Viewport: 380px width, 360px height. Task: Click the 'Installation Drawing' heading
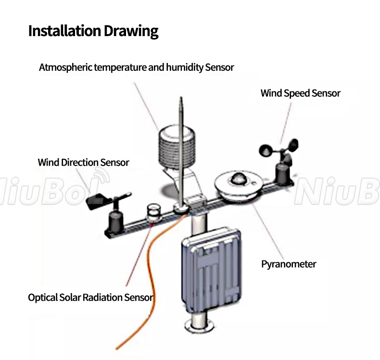pos(93,31)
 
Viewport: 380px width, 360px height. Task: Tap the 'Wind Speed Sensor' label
pos(300,93)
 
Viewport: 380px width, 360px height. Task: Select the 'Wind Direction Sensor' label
pos(83,163)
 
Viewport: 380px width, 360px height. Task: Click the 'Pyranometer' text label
pos(289,264)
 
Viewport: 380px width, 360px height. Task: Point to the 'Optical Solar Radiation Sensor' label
pos(90,297)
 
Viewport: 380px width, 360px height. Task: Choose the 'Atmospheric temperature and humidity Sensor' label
pos(136,67)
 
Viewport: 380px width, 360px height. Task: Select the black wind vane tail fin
pos(98,201)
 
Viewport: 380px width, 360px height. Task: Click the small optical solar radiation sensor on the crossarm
pos(153,212)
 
